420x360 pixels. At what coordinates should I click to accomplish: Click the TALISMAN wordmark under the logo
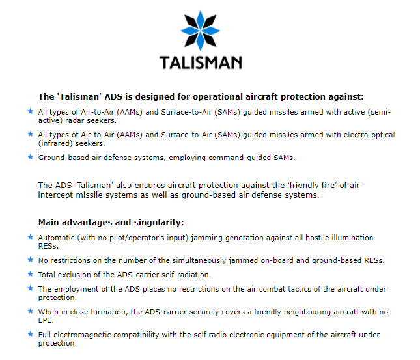click(201, 62)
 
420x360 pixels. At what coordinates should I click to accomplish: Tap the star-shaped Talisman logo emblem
click(201, 31)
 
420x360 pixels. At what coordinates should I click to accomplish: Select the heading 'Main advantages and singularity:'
click(111, 223)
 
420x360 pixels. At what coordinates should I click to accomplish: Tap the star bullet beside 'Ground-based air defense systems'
click(31, 157)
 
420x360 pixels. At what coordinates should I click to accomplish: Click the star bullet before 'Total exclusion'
click(31, 274)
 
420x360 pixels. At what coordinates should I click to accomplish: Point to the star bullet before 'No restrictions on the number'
click(31, 260)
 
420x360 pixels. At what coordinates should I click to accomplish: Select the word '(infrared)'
click(55, 144)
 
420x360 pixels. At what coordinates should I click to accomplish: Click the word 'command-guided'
click(240, 158)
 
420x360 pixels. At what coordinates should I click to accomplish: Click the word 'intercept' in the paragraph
click(55, 195)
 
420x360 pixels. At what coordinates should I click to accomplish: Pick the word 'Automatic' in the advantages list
click(56, 238)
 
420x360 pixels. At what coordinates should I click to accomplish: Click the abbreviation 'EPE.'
click(46, 320)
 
